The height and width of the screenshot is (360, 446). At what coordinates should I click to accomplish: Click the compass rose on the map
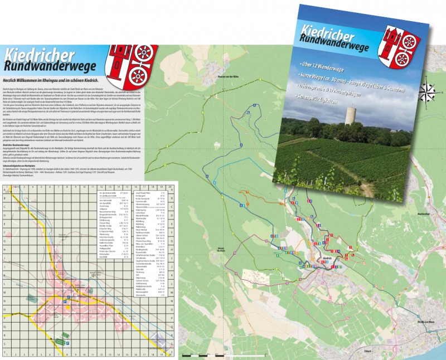[x=428, y=90]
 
